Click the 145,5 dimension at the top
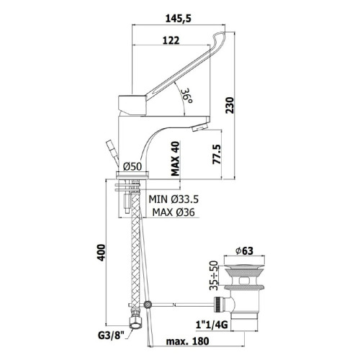[179, 19]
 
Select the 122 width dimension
[171, 40]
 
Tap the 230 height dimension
[229, 105]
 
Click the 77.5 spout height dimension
[217, 154]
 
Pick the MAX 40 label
[175, 158]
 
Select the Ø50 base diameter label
[132, 166]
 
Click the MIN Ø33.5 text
[174, 199]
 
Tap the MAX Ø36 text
[174, 212]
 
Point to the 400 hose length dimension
[101, 253]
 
